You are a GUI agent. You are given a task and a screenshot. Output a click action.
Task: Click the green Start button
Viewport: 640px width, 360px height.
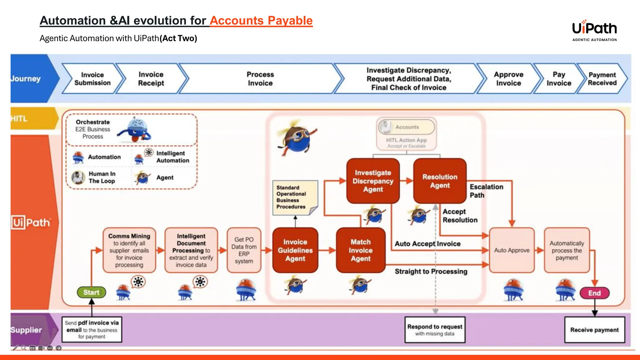(x=91, y=292)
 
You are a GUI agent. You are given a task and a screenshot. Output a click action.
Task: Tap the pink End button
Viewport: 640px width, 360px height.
(x=594, y=293)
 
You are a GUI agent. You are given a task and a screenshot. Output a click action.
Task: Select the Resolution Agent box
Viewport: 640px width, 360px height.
(x=440, y=181)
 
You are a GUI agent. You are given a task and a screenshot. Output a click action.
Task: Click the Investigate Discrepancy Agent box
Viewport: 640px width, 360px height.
(x=373, y=181)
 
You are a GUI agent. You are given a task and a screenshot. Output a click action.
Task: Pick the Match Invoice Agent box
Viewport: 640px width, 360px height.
(x=361, y=250)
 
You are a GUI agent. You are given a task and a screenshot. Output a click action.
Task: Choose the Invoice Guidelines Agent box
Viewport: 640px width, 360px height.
(x=295, y=250)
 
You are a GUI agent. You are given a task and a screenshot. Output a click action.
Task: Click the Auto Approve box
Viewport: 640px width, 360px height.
(x=512, y=250)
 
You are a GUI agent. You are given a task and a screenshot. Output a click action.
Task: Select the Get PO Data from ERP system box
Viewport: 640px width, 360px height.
(x=244, y=250)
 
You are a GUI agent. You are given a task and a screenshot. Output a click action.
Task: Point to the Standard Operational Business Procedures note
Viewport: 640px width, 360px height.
(x=295, y=197)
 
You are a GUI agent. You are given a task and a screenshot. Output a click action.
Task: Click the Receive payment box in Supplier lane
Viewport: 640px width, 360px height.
(x=594, y=330)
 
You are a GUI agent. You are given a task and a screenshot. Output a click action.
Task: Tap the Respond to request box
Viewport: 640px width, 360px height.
(x=435, y=330)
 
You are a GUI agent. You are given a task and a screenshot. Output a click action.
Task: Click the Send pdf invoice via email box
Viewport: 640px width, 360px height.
(x=92, y=330)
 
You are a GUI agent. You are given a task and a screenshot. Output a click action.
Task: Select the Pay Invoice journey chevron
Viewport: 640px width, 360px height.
(x=559, y=79)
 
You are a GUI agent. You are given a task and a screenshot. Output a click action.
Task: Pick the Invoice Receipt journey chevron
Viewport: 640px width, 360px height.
(x=151, y=79)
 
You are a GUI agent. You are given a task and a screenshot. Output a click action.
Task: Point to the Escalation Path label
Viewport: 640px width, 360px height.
(x=486, y=191)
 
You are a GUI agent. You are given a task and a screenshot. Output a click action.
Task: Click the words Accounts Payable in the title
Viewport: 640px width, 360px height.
(x=261, y=21)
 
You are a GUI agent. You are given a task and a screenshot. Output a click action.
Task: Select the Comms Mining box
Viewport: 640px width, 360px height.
(x=129, y=250)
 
